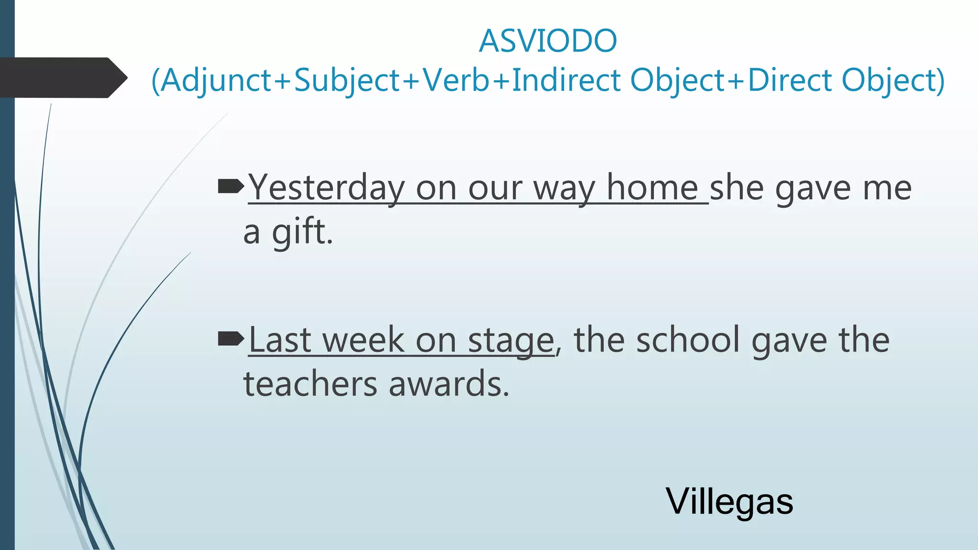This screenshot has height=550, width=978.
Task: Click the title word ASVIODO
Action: tap(548, 41)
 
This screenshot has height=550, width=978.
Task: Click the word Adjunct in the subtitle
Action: tap(216, 80)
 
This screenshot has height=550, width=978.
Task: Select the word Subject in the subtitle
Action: tap(347, 80)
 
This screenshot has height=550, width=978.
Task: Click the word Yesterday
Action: tap(327, 188)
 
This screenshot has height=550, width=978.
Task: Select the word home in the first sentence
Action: tap(652, 188)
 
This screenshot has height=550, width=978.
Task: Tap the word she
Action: tap(737, 188)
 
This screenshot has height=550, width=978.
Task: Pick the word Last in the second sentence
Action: tap(280, 340)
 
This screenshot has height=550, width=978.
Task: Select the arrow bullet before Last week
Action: tap(231, 339)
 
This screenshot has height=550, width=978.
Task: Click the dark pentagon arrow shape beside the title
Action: tap(62, 78)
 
